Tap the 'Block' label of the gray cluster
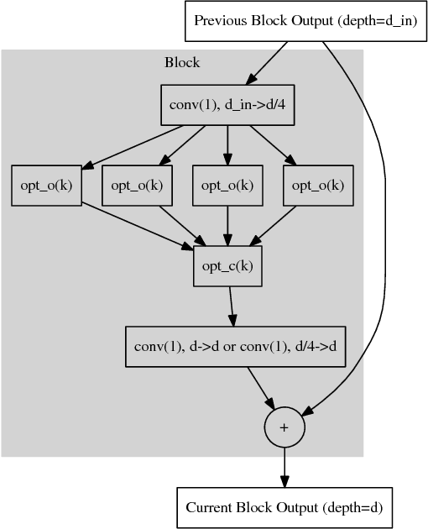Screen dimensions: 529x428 pyautogui.click(x=182, y=63)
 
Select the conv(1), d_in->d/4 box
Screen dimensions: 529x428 pyautogui.click(x=227, y=106)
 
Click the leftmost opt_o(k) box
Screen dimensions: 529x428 pyautogui.click(x=46, y=186)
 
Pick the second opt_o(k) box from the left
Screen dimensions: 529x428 pyautogui.click(x=137, y=186)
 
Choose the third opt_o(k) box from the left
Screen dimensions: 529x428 pyautogui.click(x=227, y=186)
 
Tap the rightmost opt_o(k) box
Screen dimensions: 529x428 pyautogui.click(x=318, y=186)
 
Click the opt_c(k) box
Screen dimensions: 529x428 pyautogui.click(x=227, y=266)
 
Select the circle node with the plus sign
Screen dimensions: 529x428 pyautogui.click(x=284, y=427)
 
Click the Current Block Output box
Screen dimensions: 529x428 pyautogui.click(x=284, y=508)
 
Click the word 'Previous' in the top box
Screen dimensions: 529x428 pyautogui.click(x=220, y=20)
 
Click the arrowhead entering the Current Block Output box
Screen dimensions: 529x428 pyautogui.click(x=284, y=481)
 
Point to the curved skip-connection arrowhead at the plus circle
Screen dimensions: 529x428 pyautogui.click(x=307, y=411)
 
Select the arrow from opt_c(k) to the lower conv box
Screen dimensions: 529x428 pyautogui.click(x=231, y=306)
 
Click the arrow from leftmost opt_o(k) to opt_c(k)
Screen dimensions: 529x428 pyautogui.click(x=134, y=225)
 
